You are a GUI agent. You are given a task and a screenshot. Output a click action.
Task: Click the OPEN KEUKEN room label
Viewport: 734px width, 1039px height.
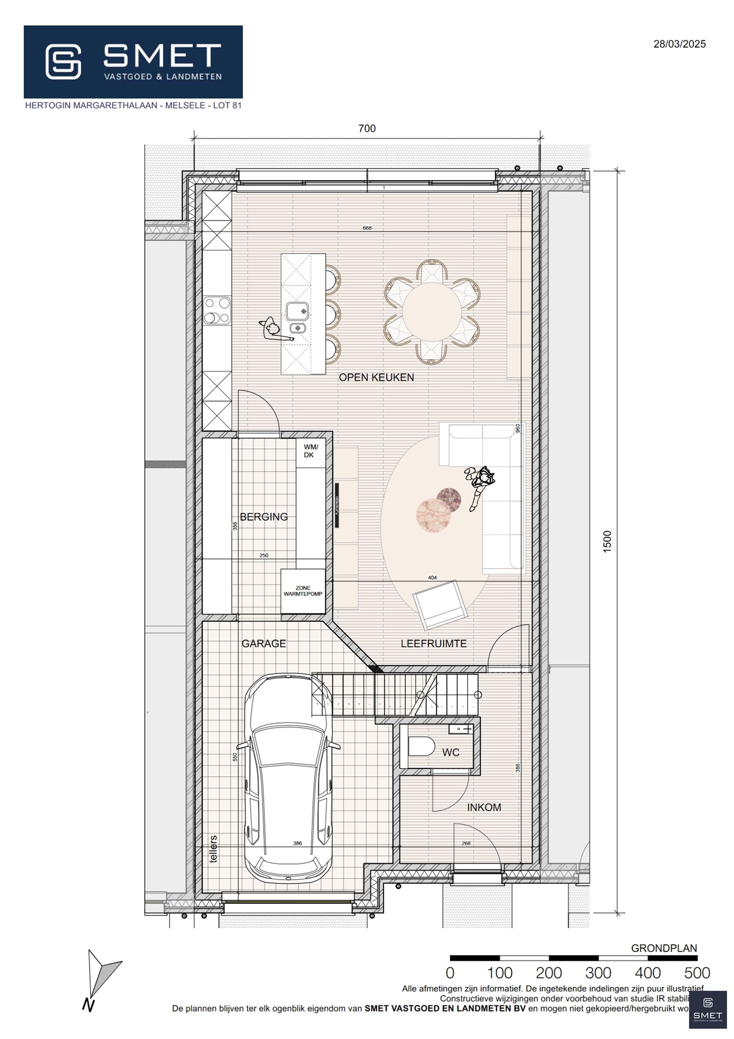(x=376, y=377)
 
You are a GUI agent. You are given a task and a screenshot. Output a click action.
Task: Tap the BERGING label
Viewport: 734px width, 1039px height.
(x=264, y=517)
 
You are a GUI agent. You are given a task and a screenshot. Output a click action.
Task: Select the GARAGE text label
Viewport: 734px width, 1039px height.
(x=264, y=644)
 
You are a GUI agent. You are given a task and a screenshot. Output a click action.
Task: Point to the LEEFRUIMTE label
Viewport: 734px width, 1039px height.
(x=433, y=644)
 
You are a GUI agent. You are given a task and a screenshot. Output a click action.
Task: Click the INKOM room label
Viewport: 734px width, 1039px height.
(x=484, y=807)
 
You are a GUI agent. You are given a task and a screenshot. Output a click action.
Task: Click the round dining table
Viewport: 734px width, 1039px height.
(x=432, y=312)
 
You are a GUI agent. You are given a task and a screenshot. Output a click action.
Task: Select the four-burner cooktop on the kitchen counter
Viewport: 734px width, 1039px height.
(x=217, y=311)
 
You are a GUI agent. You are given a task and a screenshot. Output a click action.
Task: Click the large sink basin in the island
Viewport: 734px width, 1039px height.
(x=297, y=311)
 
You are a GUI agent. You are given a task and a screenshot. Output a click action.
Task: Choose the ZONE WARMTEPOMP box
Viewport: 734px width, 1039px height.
(x=303, y=591)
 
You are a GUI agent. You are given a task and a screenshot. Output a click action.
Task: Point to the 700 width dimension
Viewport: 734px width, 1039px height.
(x=367, y=129)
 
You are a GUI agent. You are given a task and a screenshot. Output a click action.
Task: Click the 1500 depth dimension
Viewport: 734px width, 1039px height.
(x=607, y=540)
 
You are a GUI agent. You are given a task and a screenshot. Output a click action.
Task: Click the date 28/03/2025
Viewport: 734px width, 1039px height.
(x=679, y=44)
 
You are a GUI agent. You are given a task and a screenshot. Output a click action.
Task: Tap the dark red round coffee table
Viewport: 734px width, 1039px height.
(x=449, y=500)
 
